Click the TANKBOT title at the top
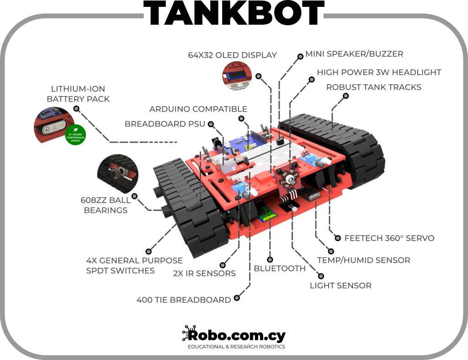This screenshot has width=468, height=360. point(234,16)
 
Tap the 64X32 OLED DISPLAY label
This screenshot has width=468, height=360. point(232,55)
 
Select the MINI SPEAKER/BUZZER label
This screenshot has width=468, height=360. point(354,54)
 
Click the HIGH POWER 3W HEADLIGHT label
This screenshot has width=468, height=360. point(379,72)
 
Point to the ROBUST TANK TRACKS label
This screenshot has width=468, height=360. point(373,87)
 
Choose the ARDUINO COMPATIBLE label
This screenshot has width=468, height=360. point(198,109)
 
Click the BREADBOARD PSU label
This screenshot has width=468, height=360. point(165,124)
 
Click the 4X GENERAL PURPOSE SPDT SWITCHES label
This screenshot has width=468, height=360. point(134,265)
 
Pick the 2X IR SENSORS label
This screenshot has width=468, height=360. point(204,274)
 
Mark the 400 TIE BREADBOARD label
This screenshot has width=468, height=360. point(184,300)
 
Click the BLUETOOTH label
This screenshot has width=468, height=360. point(279,268)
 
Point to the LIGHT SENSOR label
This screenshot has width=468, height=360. point(340,285)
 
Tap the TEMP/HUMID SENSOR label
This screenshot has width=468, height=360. point(363,260)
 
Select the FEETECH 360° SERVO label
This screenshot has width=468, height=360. point(389,238)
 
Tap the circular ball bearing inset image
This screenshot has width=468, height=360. point(117,175)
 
